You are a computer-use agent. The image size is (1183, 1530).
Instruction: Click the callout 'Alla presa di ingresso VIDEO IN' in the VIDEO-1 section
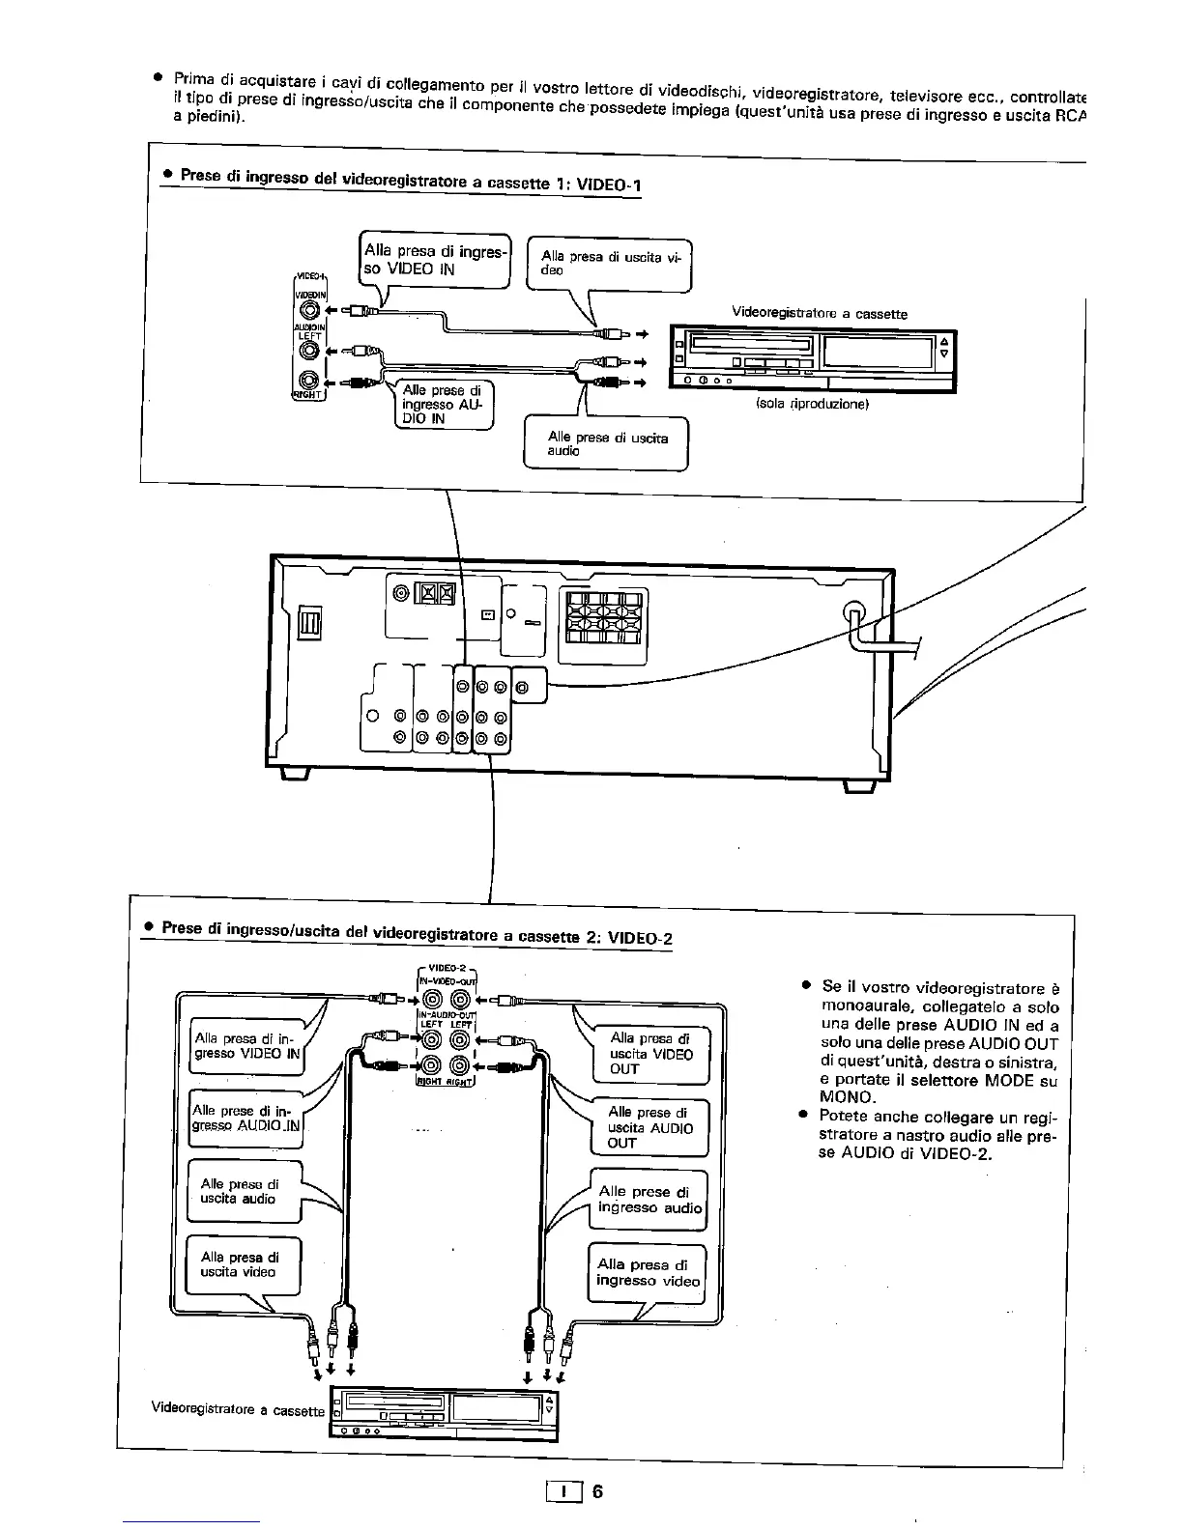click(434, 260)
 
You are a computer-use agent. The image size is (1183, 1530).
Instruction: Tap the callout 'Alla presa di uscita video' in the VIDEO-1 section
click(609, 264)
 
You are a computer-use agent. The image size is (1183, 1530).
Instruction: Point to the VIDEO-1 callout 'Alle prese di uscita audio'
click(606, 443)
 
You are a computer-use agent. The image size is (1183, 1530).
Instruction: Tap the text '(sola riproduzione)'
click(812, 405)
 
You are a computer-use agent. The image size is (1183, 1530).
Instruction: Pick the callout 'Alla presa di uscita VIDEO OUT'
click(650, 1054)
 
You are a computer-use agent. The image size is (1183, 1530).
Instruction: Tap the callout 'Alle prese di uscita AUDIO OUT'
click(649, 1127)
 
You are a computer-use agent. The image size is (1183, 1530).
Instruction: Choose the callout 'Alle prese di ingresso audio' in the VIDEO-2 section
click(649, 1200)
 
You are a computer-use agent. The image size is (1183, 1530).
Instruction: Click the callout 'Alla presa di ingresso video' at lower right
click(647, 1272)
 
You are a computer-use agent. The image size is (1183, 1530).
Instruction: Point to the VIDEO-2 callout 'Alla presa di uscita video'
click(243, 1264)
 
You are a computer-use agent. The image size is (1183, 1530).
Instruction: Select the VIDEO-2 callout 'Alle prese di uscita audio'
click(243, 1191)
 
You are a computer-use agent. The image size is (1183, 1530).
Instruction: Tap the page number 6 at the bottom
click(597, 1491)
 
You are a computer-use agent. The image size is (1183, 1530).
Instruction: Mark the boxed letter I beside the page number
click(563, 1492)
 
